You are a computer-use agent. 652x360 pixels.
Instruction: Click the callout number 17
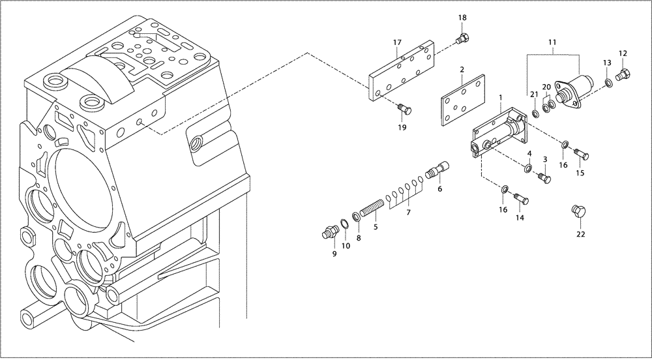click(x=396, y=43)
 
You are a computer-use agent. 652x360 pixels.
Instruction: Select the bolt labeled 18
click(x=462, y=40)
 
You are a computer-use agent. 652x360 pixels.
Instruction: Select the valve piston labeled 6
click(x=436, y=172)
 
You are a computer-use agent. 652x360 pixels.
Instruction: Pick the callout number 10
click(x=346, y=246)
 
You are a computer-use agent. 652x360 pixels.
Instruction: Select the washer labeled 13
click(x=608, y=82)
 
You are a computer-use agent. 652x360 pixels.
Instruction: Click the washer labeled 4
click(x=527, y=170)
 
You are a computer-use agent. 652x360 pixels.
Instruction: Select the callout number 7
click(x=409, y=213)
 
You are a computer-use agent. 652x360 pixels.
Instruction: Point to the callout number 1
click(x=500, y=98)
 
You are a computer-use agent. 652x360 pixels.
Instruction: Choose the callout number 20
click(x=547, y=87)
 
